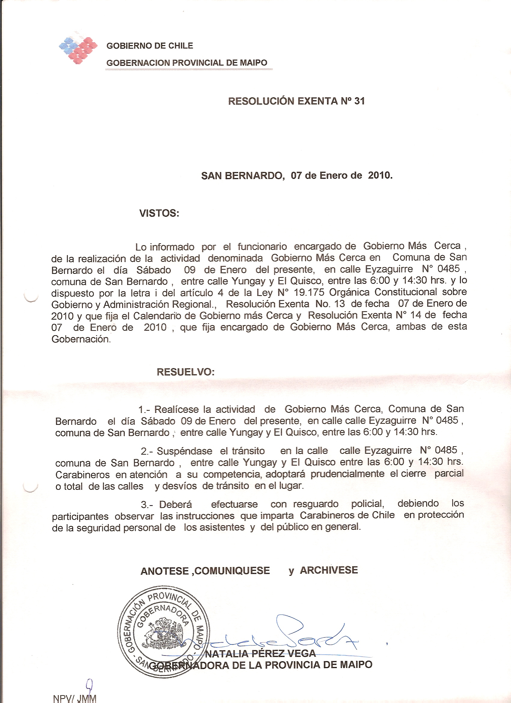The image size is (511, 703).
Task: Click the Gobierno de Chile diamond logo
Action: coord(78,50)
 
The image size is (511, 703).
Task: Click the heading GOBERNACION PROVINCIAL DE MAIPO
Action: coord(187,63)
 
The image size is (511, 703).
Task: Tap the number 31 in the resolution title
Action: coord(360,101)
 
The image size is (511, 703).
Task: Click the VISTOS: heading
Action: coord(159,213)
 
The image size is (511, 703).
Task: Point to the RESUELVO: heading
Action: coord(186,372)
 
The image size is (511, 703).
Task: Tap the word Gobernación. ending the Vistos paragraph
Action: coord(81,339)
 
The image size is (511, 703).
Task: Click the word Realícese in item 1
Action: coord(177,410)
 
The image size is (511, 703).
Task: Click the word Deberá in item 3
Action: coord(176,504)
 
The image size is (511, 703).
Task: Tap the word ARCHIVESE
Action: coord(329,570)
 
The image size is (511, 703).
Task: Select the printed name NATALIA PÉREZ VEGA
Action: coord(260,653)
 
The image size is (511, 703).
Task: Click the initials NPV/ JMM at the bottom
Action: coord(75,698)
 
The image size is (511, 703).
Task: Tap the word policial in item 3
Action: coord(367,504)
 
